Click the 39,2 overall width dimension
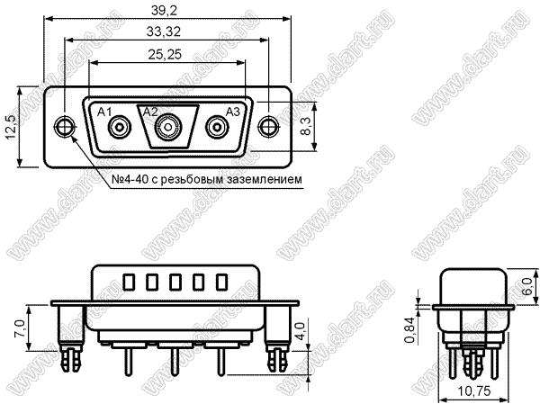pyautogui.click(x=164, y=11)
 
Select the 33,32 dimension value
pyautogui.click(x=164, y=32)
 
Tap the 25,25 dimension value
pyautogui.click(x=165, y=54)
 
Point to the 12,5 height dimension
pyautogui.click(x=12, y=127)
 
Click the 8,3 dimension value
pyautogui.click(x=305, y=126)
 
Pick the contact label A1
pyautogui.click(x=104, y=112)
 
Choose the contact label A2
pyautogui.click(x=150, y=112)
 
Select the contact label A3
pyautogui.click(x=233, y=112)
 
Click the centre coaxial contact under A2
pyautogui.click(x=168, y=128)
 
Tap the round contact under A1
pyautogui.click(x=120, y=128)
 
